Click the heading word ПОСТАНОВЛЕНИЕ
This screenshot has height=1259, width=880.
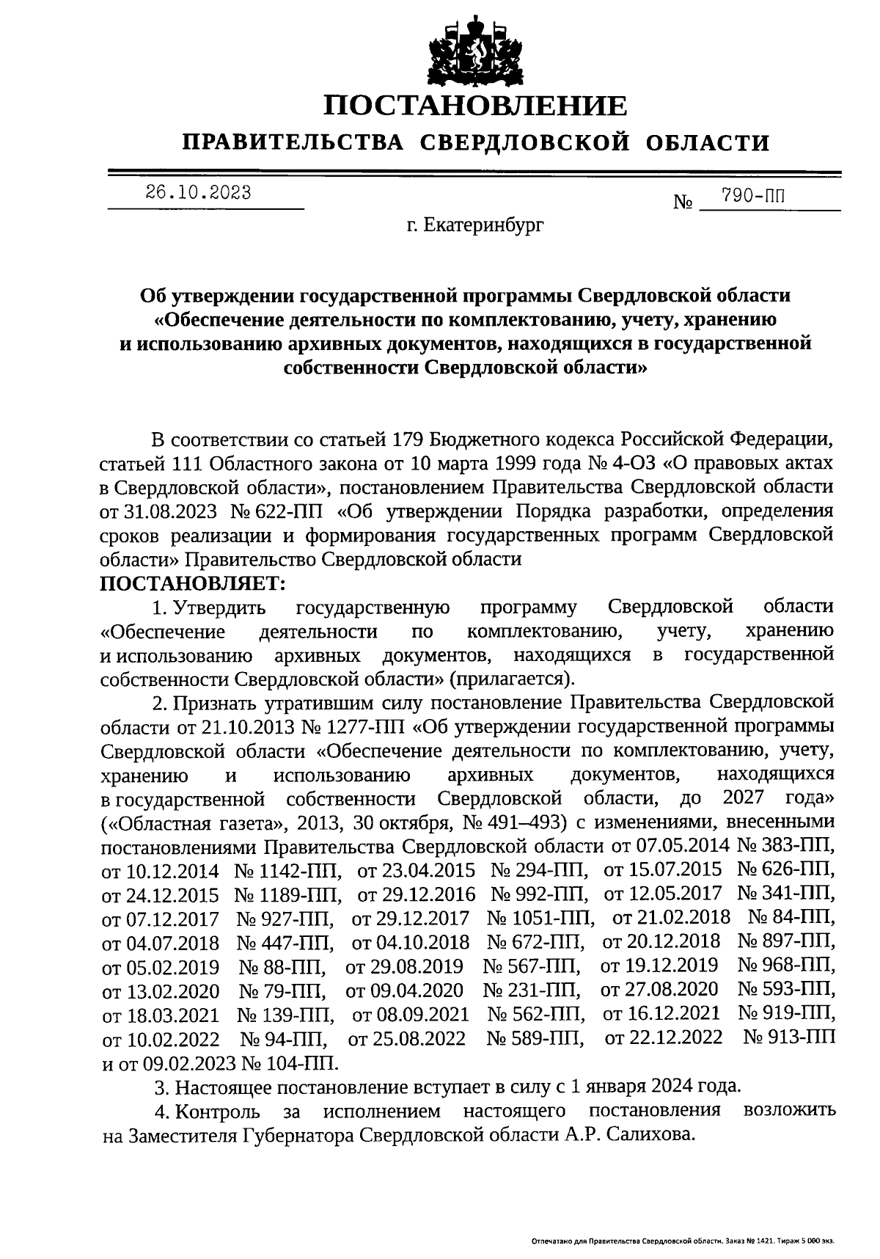[476, 106]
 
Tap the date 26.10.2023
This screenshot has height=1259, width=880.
[198, 193]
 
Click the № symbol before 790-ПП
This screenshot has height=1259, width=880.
[683, 202]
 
